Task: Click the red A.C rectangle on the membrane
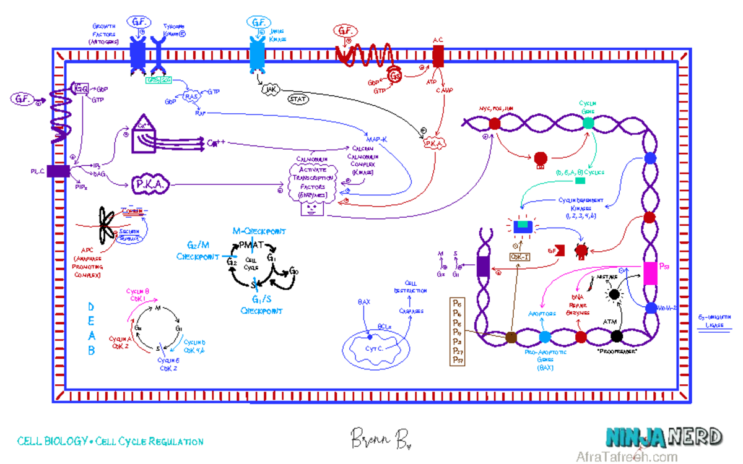tap(438, 55)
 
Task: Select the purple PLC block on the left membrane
tap(58, 171)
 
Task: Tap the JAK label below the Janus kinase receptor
tap(269, 90)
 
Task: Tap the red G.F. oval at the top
tap(345, 30)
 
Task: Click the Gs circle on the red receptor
tap(396, 76)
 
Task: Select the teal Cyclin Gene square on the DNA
tap(588, 122)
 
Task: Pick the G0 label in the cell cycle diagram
tap(294, 271)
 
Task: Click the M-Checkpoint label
tap(259, 231)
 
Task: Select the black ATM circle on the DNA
tap(616, 336)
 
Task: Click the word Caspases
tap(411, 311)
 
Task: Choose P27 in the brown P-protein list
tap(458, 351)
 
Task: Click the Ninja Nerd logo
tap(664, 438)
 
